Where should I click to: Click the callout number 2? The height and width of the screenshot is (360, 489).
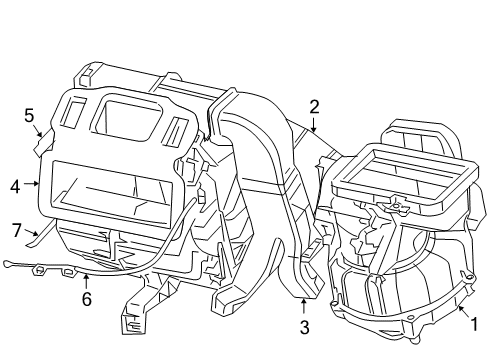[x=314, y=106]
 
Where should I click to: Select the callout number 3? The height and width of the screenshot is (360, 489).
[x=305, y=326]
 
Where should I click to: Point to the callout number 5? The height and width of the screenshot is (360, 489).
[x=29, y=115]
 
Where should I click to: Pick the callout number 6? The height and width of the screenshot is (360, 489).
[x=86, y=298]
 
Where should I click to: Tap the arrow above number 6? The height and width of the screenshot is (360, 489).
[x=86, y=279]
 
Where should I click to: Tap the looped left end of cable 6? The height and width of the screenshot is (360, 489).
[x=10, y=264]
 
